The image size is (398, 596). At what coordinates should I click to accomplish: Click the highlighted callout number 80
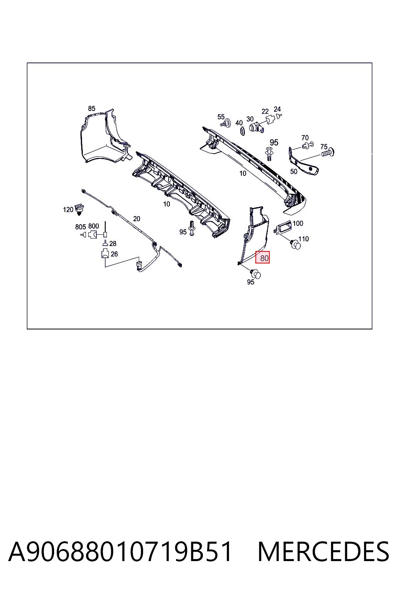pyautogui.click(x=264, y=258)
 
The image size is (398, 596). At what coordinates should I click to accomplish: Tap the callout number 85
pyautogui.click(x=91, y=109)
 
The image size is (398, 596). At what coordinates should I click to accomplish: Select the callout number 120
pyautogui.click(x=68, y=210)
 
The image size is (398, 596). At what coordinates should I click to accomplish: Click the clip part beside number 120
pyautogui.click(x=79, y=209)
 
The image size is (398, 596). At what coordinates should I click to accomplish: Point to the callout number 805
pyautogui.click(x=80, y=227)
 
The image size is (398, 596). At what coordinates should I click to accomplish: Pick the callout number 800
pyautogui.click(x=94, y=226)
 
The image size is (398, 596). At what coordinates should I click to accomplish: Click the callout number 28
pyautogui.click(x=113, y=243)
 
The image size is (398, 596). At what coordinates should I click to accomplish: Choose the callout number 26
pyautogui.click(x=114, y=254)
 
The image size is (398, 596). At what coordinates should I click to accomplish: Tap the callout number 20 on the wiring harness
pyautogui.click(x=136, y=219)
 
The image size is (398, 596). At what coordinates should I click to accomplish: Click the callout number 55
pyautogui.click(x=221, y=117)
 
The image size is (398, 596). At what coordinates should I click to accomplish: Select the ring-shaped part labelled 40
pyautogui.click(x=242, y=131)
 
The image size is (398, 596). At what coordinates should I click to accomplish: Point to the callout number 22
pyautogui.click(x=265, y=111)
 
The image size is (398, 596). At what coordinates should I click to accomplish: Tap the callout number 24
pyautogui.click(x=277, y=109)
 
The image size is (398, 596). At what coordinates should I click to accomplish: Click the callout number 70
pyautogui.click(x=305, y=138)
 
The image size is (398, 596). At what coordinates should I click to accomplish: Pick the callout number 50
pyautogui.click(x=293, y=172)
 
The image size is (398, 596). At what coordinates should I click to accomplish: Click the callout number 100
pyautogui.click(x=298, y=223)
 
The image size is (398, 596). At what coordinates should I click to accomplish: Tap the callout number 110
pyautogui.click(x=304, y=239)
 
